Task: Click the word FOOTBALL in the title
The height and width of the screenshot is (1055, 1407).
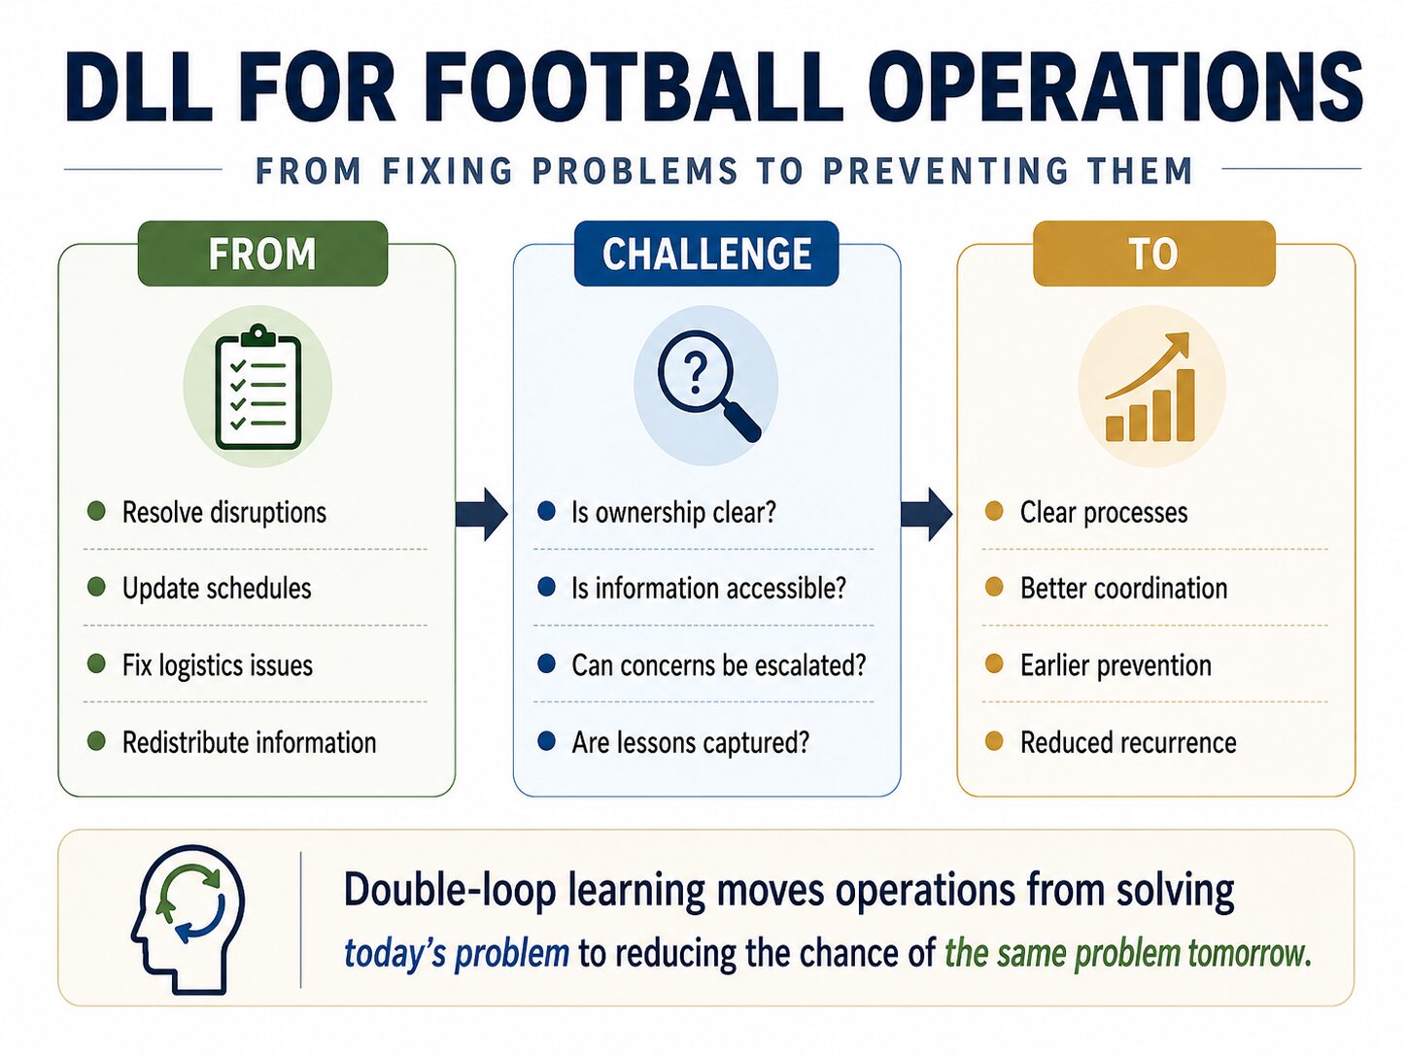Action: [x=634, y=87]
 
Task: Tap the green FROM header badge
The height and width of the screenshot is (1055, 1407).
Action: [x=262, y=254]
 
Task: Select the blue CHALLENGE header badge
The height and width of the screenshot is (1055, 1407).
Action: [x=706, y=254]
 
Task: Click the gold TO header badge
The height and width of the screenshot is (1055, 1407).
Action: [x=1153, y=254]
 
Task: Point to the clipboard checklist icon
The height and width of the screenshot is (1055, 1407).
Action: [x=257, y=387]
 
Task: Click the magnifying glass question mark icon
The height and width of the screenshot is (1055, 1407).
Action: [x=707, y=387]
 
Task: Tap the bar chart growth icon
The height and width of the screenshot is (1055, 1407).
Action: [x=1150, y=387]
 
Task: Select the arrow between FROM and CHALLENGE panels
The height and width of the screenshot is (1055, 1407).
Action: [x=482, y=514]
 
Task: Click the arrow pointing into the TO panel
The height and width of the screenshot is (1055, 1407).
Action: [x=926, y=514]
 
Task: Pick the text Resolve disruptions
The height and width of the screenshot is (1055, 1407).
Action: [x=224, y=513]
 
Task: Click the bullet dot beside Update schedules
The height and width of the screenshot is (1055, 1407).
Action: [x=96, y=587]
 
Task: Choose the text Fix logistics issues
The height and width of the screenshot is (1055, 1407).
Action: [x=218, y=664]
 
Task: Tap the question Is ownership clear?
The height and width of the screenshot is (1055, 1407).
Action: [x=673, y=513]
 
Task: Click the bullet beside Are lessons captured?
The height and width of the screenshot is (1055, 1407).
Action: [x=547, y=741]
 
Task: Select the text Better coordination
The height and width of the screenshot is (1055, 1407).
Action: [x=1123, y=588]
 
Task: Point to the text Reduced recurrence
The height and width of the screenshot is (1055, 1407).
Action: [x=1128, y=742]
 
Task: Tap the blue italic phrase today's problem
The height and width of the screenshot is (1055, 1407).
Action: [x=457, y=953]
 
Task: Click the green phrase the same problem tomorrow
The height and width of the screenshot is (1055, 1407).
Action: [x=1127, y=953]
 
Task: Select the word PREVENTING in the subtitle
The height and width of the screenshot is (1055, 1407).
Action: [x=944, y=171]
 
